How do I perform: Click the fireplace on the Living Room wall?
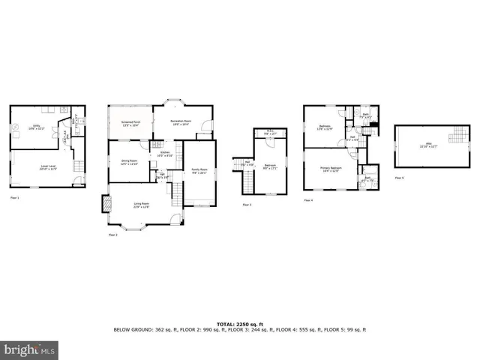coord(105,204)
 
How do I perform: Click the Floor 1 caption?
coord(14,198)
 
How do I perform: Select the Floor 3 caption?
coord(246,204)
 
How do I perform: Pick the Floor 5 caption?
coord(399,178)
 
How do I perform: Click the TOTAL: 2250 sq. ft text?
coord(239,324)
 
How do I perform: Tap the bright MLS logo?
coord(30,349)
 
